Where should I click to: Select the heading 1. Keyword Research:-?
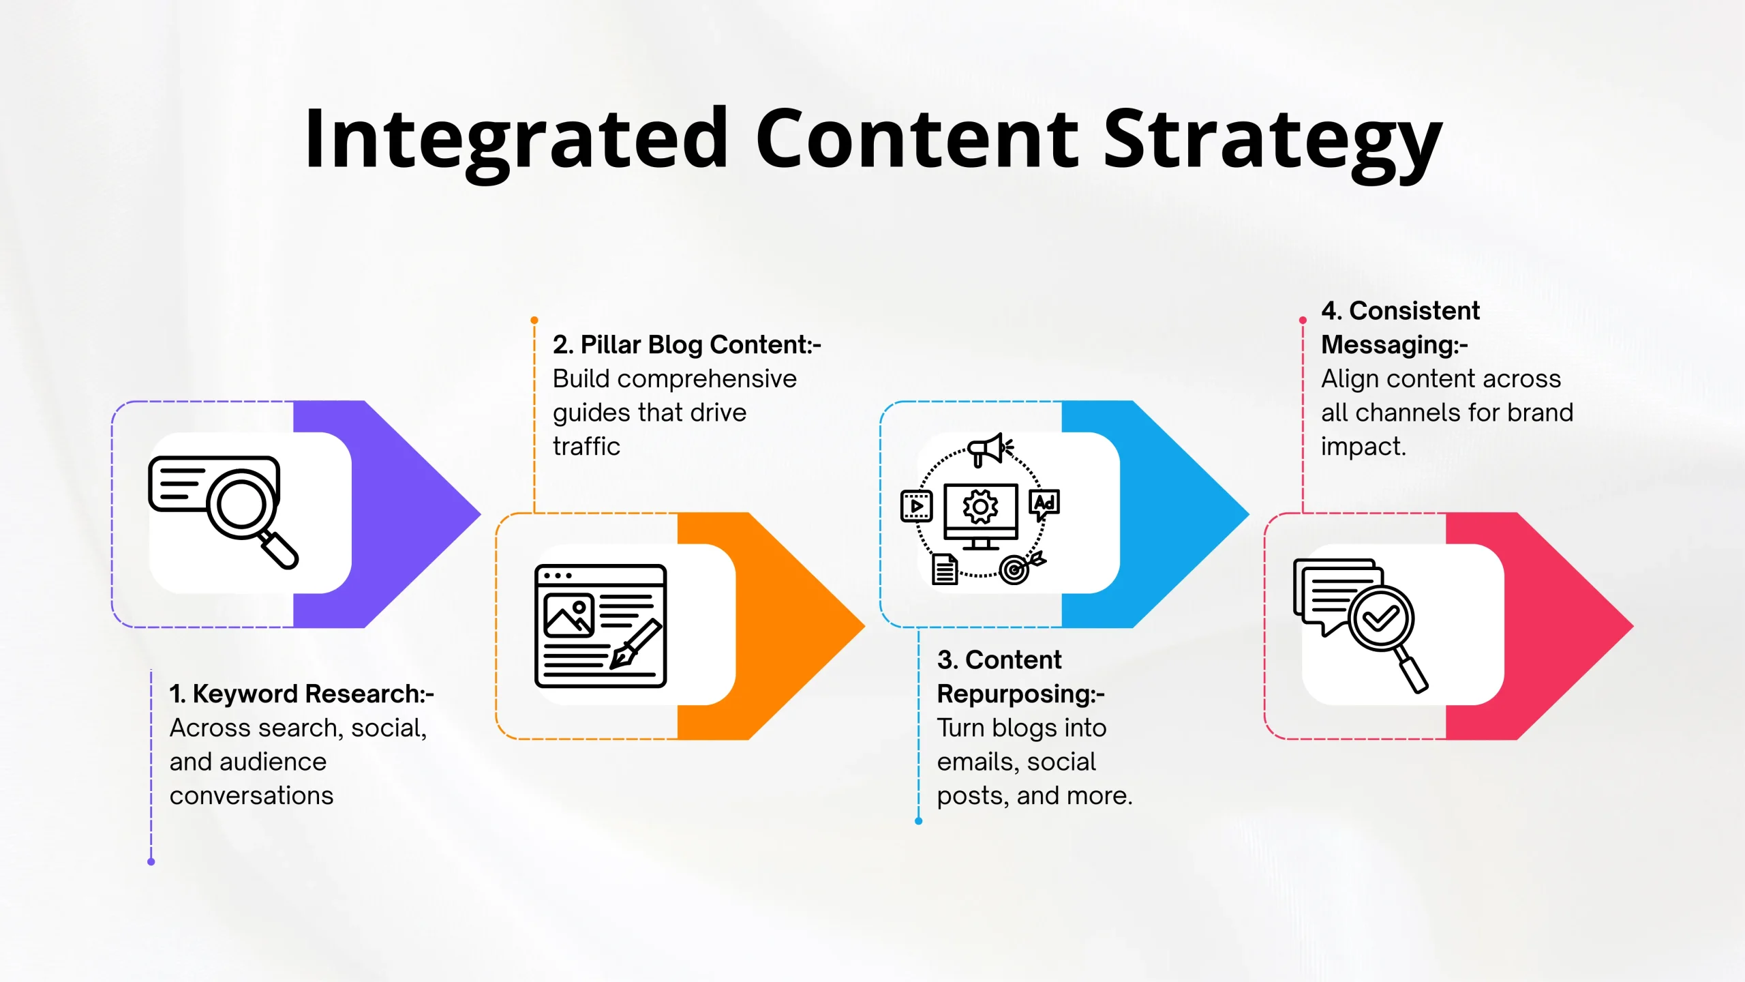coord(301,694)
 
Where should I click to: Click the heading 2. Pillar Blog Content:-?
coord(687,345)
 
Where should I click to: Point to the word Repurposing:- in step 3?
coord(1020,694)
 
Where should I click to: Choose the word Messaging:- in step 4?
coord(1394,345)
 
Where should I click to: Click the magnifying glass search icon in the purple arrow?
coord(224,512)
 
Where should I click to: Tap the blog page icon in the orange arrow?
coord(601,625)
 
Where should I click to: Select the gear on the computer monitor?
coord(980,507)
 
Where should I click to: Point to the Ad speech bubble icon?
coord(1044,505)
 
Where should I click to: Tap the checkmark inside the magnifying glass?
coord(1381,619)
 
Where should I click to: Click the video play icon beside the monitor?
coord(916,505)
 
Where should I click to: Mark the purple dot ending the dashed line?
coord(151,862)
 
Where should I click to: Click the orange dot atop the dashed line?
coord(534,320)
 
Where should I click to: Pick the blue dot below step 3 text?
coord(919,821)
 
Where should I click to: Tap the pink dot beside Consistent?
coord(1303,320)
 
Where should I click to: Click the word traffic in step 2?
coord(586,447)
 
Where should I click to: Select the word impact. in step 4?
coord(1363,447)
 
